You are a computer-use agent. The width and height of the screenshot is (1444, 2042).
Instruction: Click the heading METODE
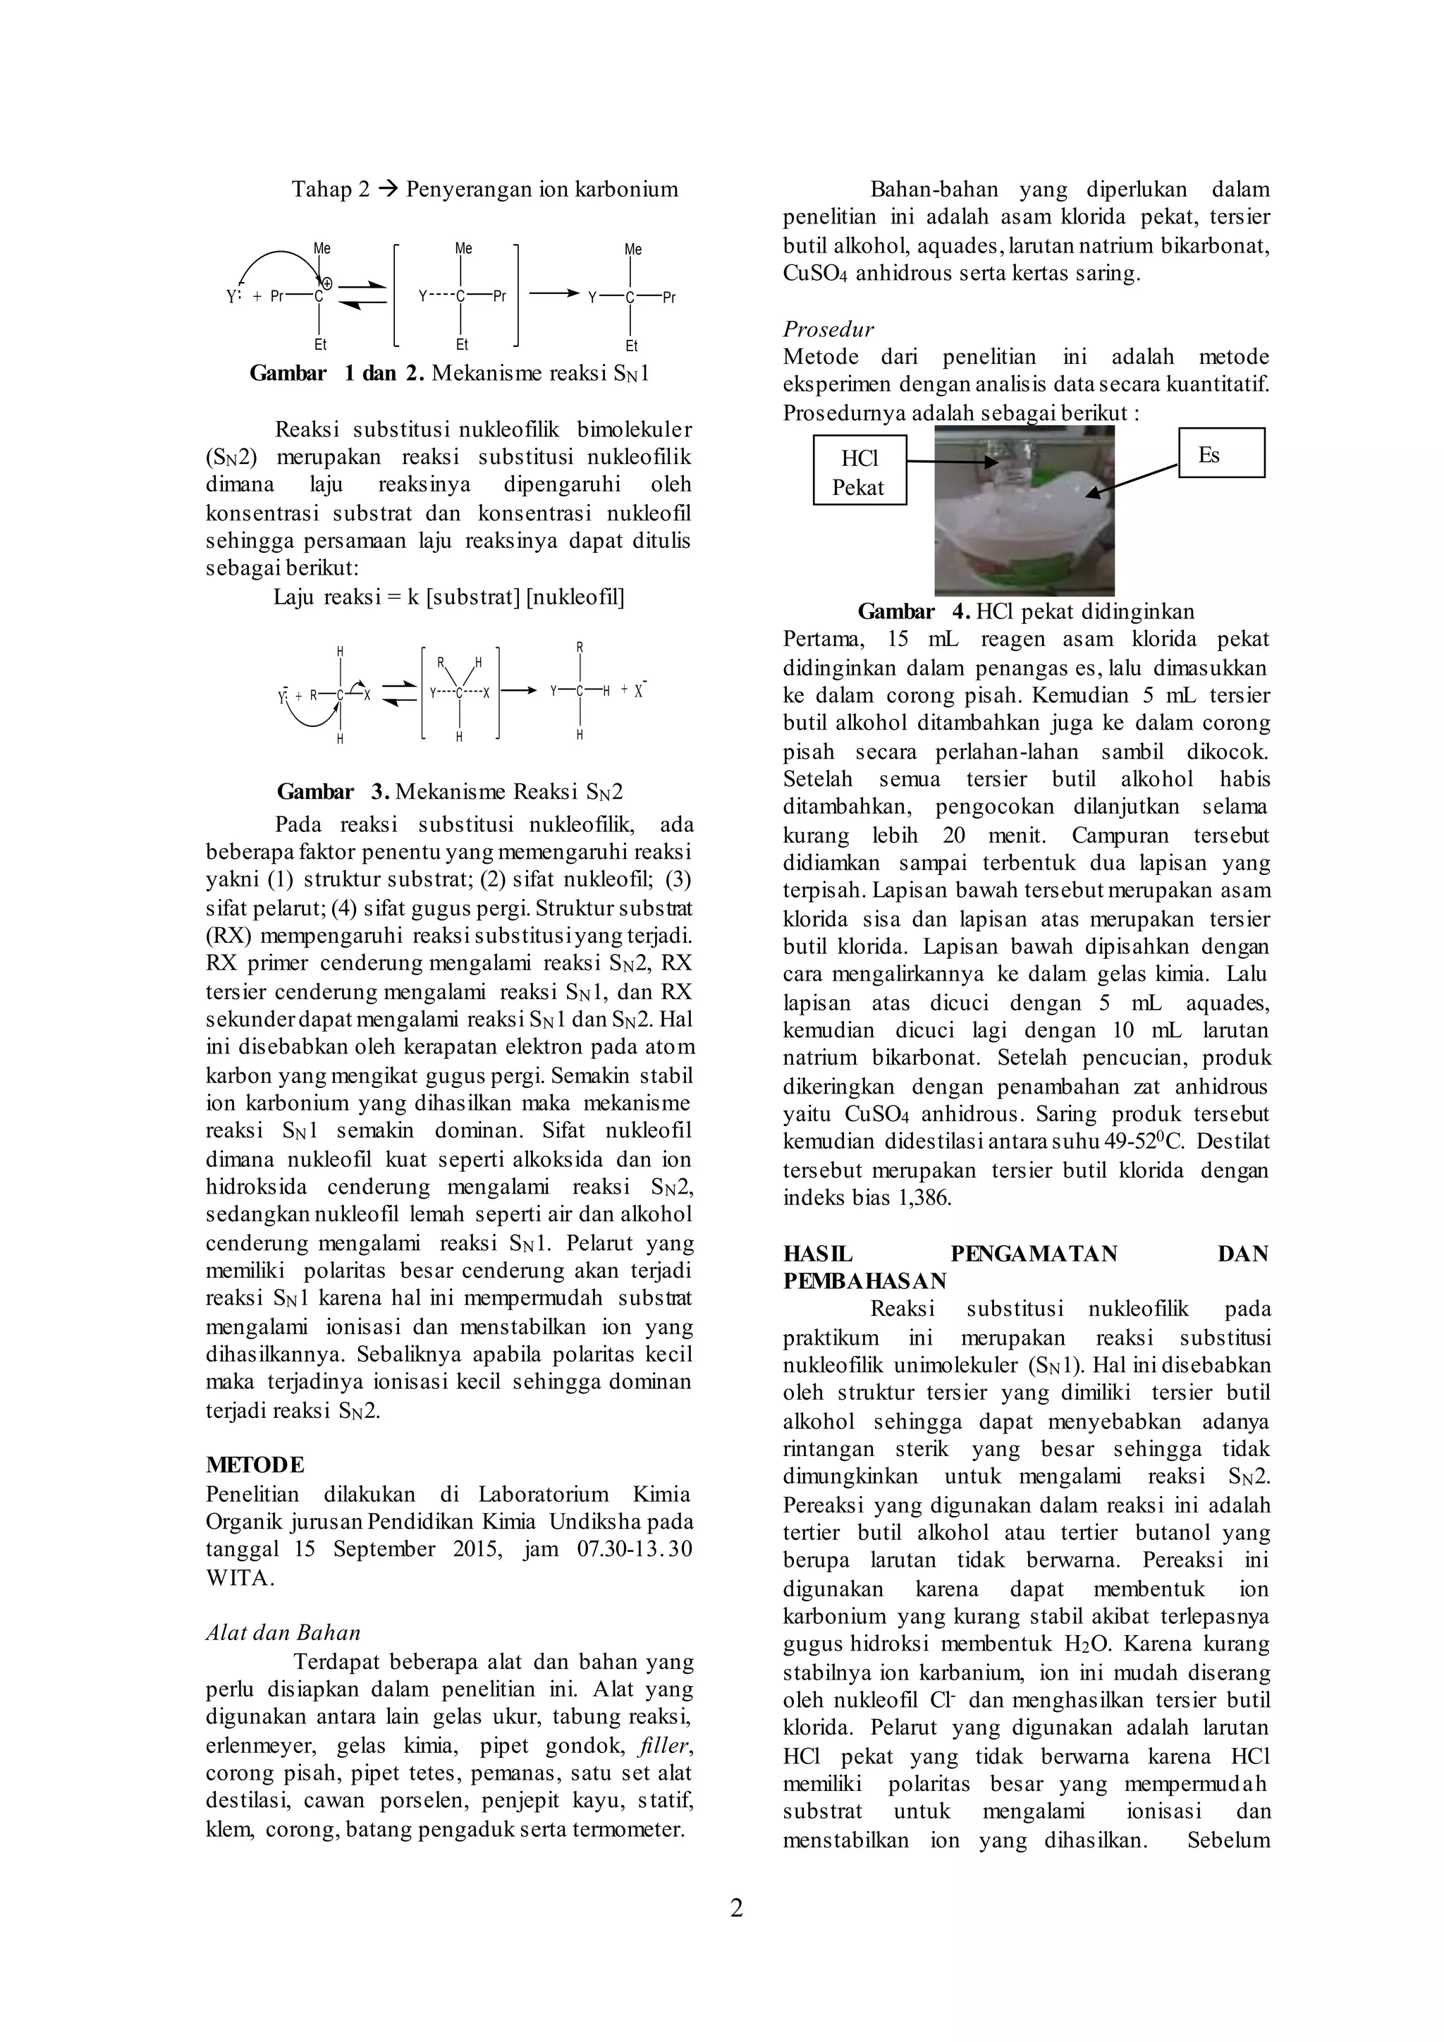(x=255, y=1464)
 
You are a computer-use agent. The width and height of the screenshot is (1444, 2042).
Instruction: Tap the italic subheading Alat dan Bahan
(x=283, y=1632)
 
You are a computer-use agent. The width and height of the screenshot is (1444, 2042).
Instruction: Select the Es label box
(x=1220, y=453)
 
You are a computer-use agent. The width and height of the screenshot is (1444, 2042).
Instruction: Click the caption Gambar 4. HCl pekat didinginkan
(x=1025, y=612)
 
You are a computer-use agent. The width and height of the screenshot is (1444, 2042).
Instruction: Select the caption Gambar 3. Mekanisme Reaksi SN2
(x=450, y=792)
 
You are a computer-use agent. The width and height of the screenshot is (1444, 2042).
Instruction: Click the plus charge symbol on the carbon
(x=326, y=282)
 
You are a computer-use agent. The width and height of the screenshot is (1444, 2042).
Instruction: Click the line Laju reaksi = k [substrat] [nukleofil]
(x=448, y=597)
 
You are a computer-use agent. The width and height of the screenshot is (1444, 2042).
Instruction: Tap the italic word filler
(x=664, y=1746)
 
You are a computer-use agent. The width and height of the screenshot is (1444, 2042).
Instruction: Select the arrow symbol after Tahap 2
(x=388, y=190)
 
